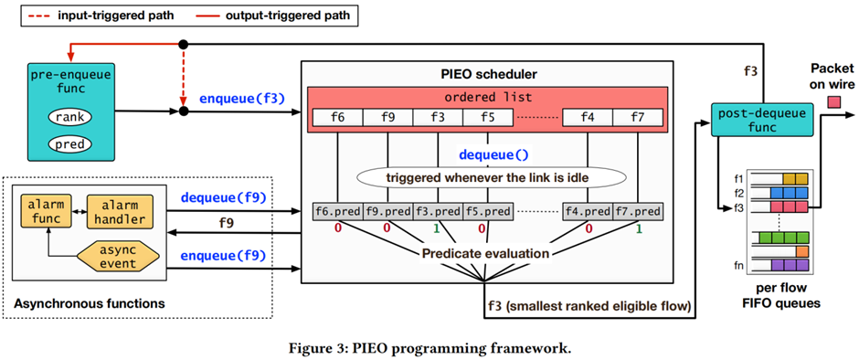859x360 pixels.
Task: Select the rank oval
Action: (69, 117)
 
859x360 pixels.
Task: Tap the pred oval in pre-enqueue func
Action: (69, 143)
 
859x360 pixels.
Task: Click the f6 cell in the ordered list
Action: (337, 117)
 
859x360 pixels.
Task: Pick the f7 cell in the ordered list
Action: (638, 117)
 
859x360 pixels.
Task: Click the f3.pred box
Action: (438, 211)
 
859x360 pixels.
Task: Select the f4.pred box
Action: (588, 211)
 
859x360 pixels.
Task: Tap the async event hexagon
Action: (118, 257)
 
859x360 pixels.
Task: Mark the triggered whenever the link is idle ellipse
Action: (491, 177)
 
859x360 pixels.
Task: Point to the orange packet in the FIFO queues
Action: (802, 251)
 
